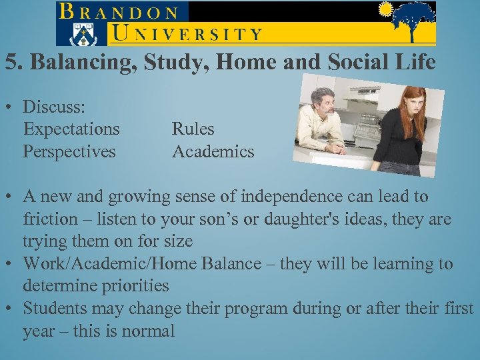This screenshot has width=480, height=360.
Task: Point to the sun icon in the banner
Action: tap(385, 9)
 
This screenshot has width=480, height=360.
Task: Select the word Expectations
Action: tap(71, 129)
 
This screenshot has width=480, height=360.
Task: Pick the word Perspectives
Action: tap(69, 151)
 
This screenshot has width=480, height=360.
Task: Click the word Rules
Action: tap(193, 129)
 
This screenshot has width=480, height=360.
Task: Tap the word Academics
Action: tap(213, 151)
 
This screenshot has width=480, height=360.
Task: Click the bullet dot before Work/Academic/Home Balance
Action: tap(9, 264)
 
